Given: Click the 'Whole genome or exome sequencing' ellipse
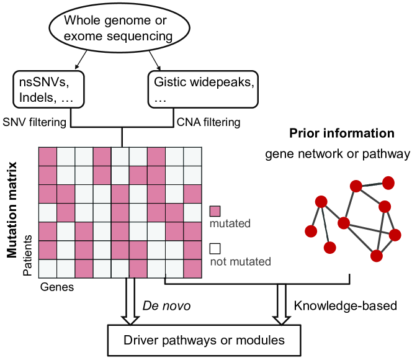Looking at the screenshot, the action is point(120,28).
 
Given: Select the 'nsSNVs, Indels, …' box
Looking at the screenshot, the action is point(48,89).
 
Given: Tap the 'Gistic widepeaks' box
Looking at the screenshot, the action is point(203,89).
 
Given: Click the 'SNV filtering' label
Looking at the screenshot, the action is point(34,122).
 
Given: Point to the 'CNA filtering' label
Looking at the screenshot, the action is point(208,122).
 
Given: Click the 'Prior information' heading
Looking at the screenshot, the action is point(342,133).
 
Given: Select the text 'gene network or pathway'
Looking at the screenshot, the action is point(338,154).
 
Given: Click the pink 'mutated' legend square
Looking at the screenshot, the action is point(215,211).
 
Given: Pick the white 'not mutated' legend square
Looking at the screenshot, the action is point(215,248).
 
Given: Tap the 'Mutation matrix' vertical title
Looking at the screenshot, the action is point(12,210).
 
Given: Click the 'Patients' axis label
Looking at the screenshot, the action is point(27,255).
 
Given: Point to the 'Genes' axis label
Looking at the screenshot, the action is point(57,287).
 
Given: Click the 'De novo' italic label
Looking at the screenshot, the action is point(166,306).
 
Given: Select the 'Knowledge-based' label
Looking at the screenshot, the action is point(345,306).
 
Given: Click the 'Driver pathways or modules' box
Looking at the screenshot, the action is point(204,341).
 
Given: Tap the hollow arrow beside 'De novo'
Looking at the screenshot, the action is point(130,302).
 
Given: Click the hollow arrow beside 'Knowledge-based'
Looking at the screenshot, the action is point(282,305).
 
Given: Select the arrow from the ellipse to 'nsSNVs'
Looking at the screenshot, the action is point(81,60).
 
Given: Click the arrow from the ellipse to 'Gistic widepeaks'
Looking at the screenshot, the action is point(154,60).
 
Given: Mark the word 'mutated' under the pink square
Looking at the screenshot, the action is point(230,223).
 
